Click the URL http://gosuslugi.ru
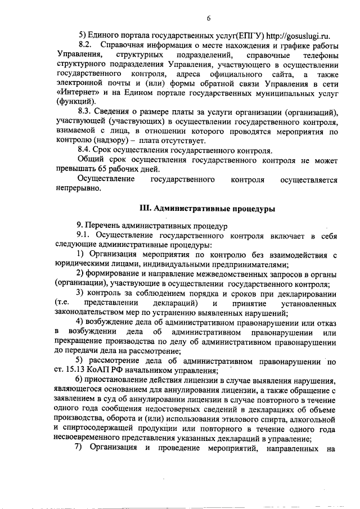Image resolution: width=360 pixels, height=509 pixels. click(x=293, y=33)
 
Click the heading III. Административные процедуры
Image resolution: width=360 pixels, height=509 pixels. click(x=207, y=209)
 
